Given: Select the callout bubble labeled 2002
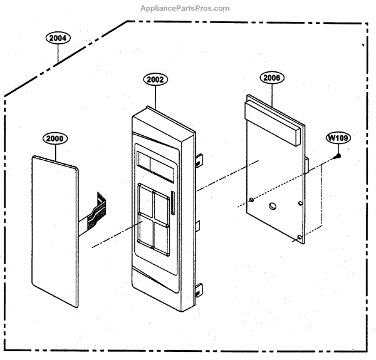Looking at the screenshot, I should coord(155,80).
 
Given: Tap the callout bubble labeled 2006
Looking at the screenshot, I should coord(272,78).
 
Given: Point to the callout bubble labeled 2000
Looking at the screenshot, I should coord(55,138).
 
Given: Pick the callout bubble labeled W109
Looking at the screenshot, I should coord(337,137).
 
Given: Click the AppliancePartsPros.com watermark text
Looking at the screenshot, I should coord(187,8).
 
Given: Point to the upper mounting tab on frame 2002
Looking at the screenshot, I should coord(199,160).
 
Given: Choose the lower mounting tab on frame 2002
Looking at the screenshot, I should coord(199,289).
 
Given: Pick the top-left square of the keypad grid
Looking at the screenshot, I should coord(145,200).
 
